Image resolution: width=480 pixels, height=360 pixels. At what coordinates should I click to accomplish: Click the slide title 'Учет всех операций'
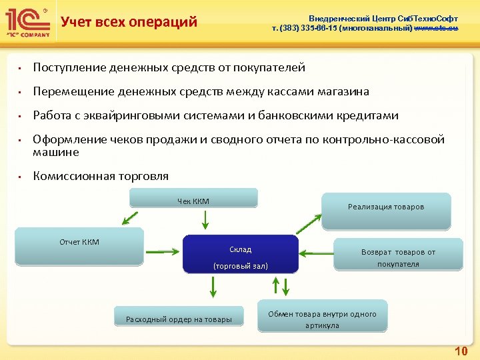[x=129, y=22]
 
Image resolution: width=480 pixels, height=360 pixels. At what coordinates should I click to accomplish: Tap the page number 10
[x=461, y=351]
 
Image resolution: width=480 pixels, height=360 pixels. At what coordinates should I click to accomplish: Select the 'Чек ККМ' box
[x=193, y=199]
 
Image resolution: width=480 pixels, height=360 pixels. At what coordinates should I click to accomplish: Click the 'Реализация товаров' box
[x=386, y=207]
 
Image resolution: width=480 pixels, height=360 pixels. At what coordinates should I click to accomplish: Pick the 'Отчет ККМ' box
[x=79, y=246]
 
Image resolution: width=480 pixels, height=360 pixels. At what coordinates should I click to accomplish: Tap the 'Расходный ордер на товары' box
[x=179, y=319]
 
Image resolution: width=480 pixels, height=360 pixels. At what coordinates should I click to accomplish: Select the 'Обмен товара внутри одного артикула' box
[x=322, y=319]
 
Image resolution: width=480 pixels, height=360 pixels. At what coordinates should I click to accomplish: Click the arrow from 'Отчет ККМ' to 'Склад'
[x=163, y=252]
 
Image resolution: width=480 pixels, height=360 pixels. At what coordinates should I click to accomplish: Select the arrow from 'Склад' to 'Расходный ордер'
[x=213, y=287]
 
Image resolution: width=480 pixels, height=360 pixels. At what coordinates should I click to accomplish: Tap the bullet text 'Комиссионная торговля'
[x=101, y=176]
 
